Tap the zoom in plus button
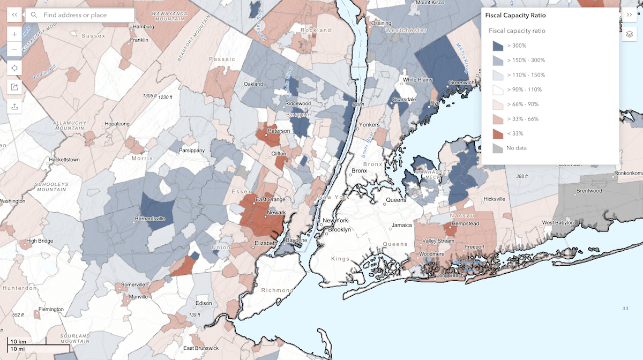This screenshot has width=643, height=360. pos(14,34)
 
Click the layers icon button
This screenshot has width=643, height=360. pos(629,35)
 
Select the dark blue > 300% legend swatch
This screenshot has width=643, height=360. pos(498,46)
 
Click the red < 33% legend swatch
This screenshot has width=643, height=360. pos(498,133)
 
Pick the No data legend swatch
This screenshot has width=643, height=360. pos(498,148)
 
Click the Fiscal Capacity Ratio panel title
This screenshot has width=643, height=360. pos(515,16)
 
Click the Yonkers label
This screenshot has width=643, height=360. pos(369,125)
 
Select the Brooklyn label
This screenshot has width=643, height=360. pos(339,229)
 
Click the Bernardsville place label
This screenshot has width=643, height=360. pos(149,219)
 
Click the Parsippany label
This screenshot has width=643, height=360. pos(192,151)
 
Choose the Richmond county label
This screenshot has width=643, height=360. pos(277,290)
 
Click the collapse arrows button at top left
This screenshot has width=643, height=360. pos(14,15)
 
